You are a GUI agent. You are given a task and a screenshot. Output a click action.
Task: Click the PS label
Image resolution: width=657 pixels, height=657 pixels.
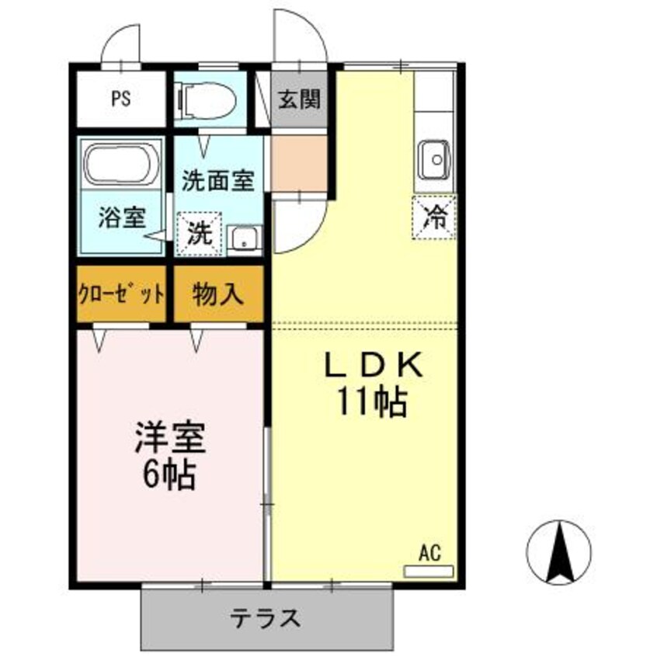click(120, 99)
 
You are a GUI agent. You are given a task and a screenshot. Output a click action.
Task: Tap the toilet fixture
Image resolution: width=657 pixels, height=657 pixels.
click(206, 99)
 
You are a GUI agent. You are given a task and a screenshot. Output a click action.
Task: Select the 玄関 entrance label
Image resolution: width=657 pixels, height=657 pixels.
click(299, 99)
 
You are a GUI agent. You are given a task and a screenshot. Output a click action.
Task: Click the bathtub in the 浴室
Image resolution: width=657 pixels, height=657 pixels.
click(122, 163)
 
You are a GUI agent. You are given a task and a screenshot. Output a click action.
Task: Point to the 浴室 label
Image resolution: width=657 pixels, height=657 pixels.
click(122, 217)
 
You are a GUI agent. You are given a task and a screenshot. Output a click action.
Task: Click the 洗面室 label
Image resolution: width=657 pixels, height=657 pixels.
click(218, 181)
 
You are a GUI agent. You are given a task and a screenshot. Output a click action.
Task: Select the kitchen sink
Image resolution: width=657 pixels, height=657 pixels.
click(435, 160)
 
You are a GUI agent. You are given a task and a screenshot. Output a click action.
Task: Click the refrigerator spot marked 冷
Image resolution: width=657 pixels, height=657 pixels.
click(435, 217)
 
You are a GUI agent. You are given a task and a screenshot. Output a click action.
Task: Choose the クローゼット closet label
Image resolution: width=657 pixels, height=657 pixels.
click(121, 294)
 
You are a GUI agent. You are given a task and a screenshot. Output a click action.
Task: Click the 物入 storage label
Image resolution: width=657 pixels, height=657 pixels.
click(219, 294)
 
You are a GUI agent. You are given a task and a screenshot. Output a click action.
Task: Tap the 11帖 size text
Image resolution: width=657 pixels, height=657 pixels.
click(372, 401)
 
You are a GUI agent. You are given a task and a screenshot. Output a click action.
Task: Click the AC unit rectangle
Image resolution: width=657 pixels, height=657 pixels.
click(429, 571)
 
